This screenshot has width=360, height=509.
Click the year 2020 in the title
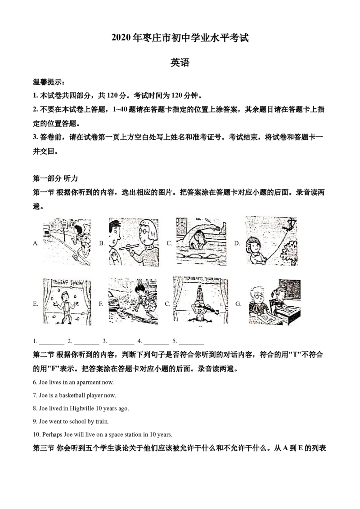coord(121,38)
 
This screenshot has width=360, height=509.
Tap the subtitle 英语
coord(180,63)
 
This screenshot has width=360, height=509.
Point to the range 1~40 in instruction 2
coord(120,109)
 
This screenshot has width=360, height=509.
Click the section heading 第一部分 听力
coord(55,179)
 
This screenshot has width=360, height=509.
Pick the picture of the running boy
coord(67,242)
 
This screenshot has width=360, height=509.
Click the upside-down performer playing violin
coord(200,304)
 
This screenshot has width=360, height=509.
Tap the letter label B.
coord(102,243)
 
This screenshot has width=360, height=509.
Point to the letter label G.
coord(238,304)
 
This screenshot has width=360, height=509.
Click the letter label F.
coord(101,304)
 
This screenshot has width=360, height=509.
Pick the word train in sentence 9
coord(102,421)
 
